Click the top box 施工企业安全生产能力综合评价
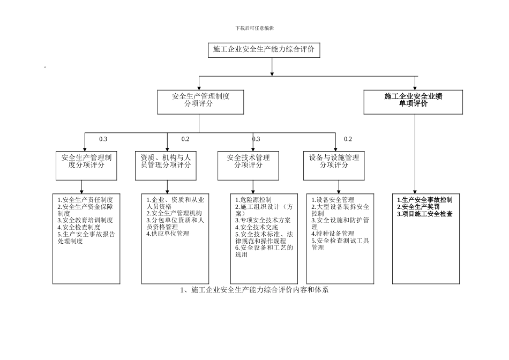tap(264, 49)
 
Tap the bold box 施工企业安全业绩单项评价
tap(413, 101)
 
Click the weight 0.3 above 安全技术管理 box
tap(256, 139)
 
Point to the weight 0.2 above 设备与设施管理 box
tap(348, 139)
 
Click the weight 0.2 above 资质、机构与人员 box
tap(185, 139)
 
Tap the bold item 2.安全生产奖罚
tap(418, 207)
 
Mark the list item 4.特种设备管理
tap(333, 234)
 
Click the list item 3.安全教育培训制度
tap(85, 220)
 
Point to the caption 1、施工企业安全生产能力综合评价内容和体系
tap(254, 290)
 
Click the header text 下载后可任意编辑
tap(254, 28)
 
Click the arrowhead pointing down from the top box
tap(272, 73)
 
